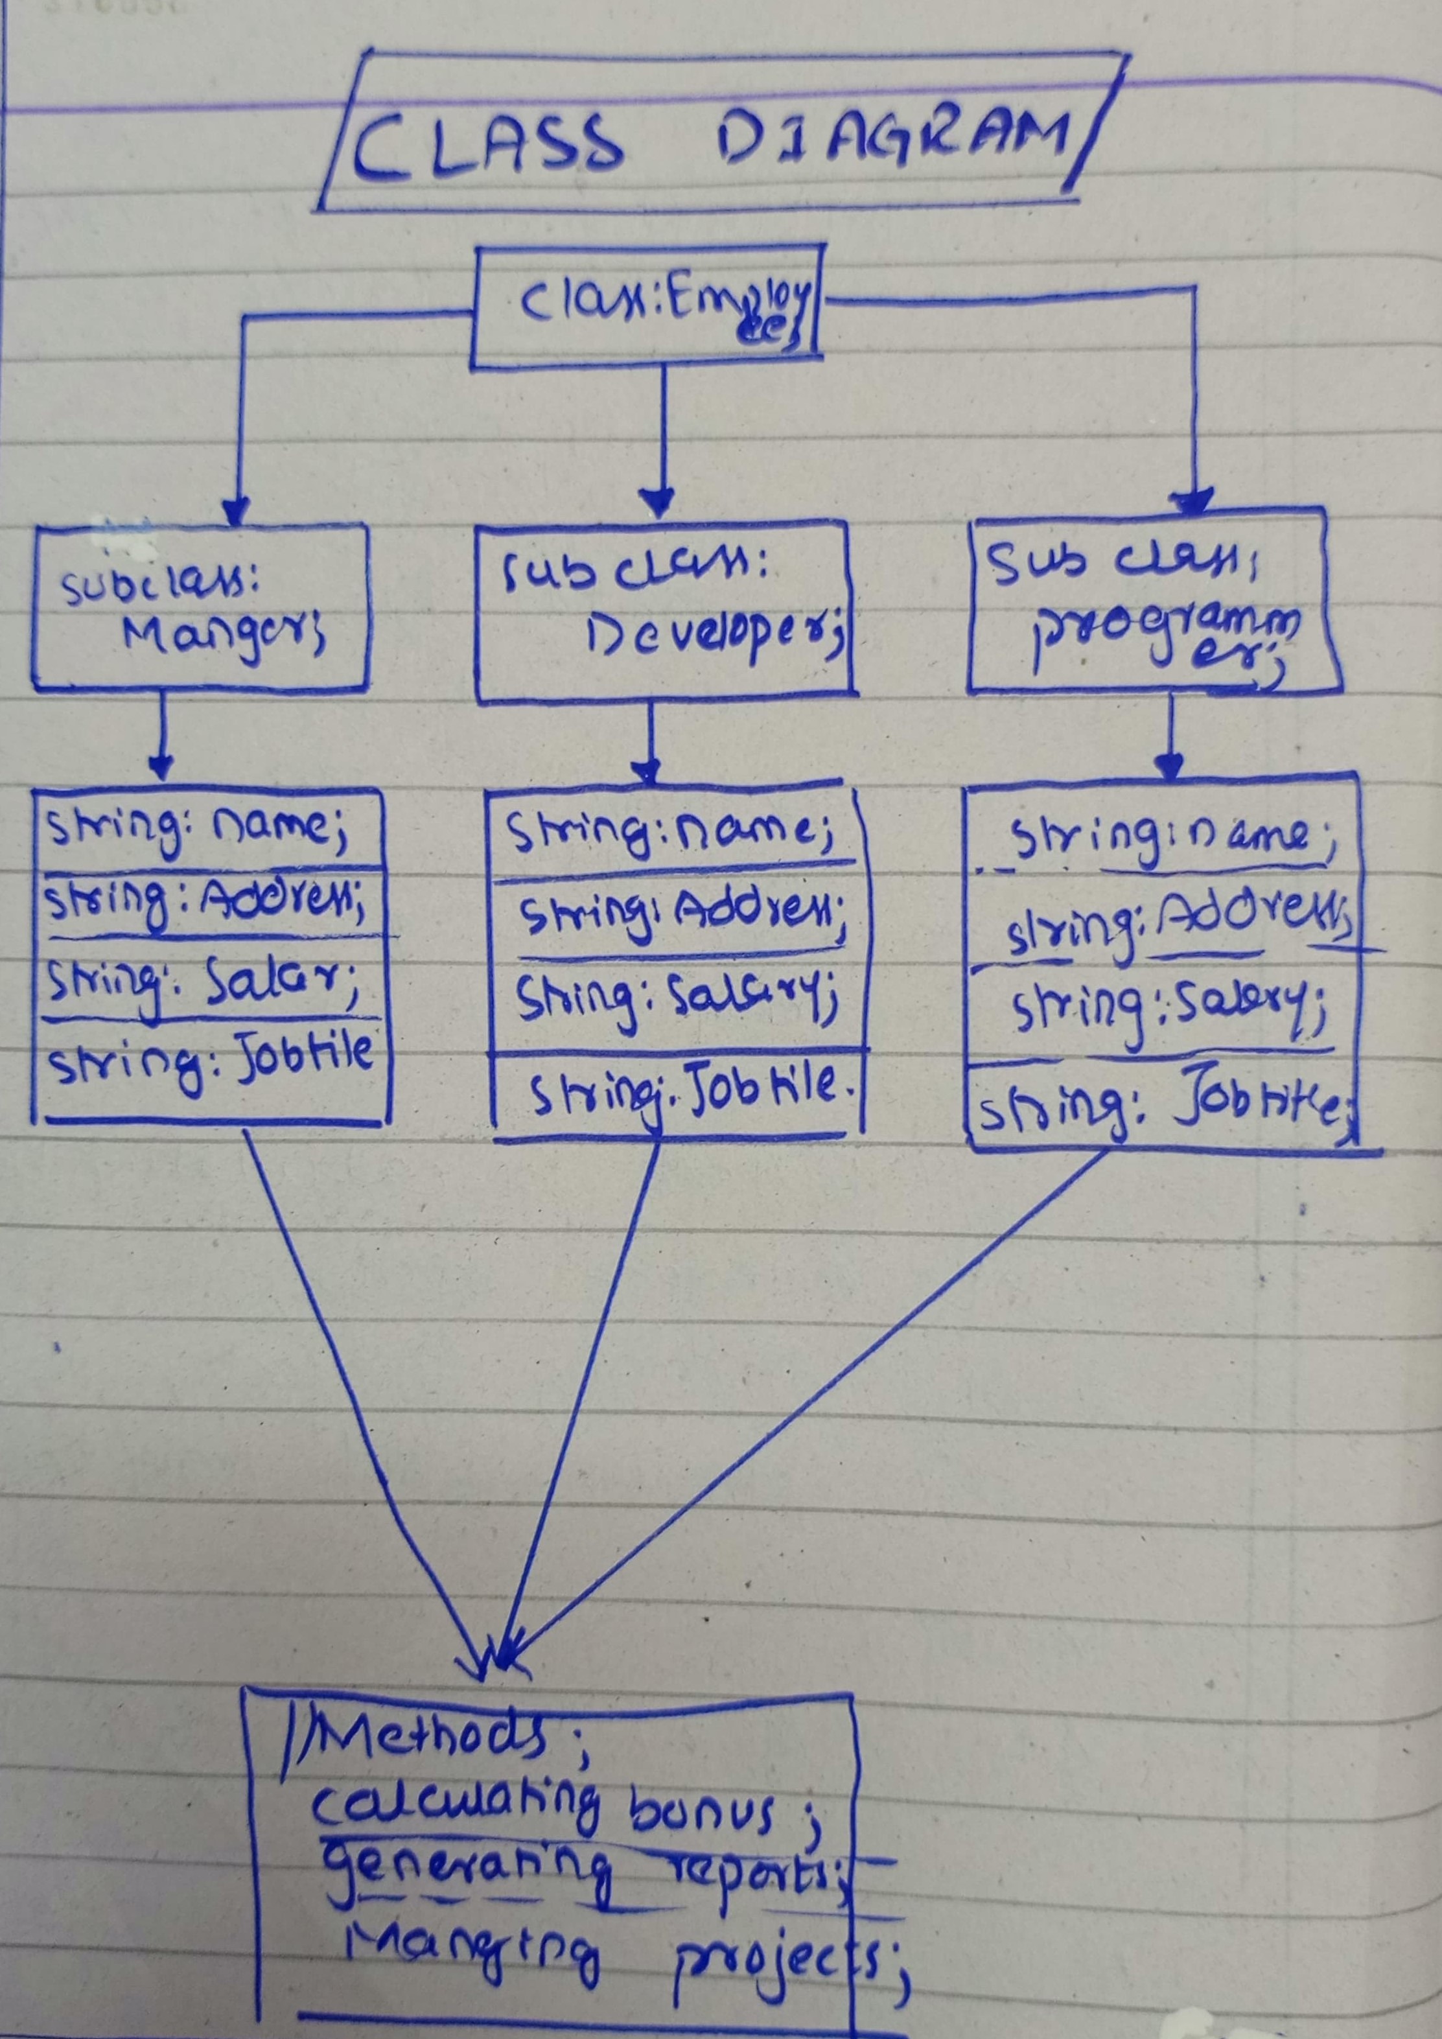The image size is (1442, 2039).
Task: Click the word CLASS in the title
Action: click(487, 146)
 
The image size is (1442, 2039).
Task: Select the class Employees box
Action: click(648, 307)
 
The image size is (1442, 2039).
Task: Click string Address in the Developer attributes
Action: click(679, 915)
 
